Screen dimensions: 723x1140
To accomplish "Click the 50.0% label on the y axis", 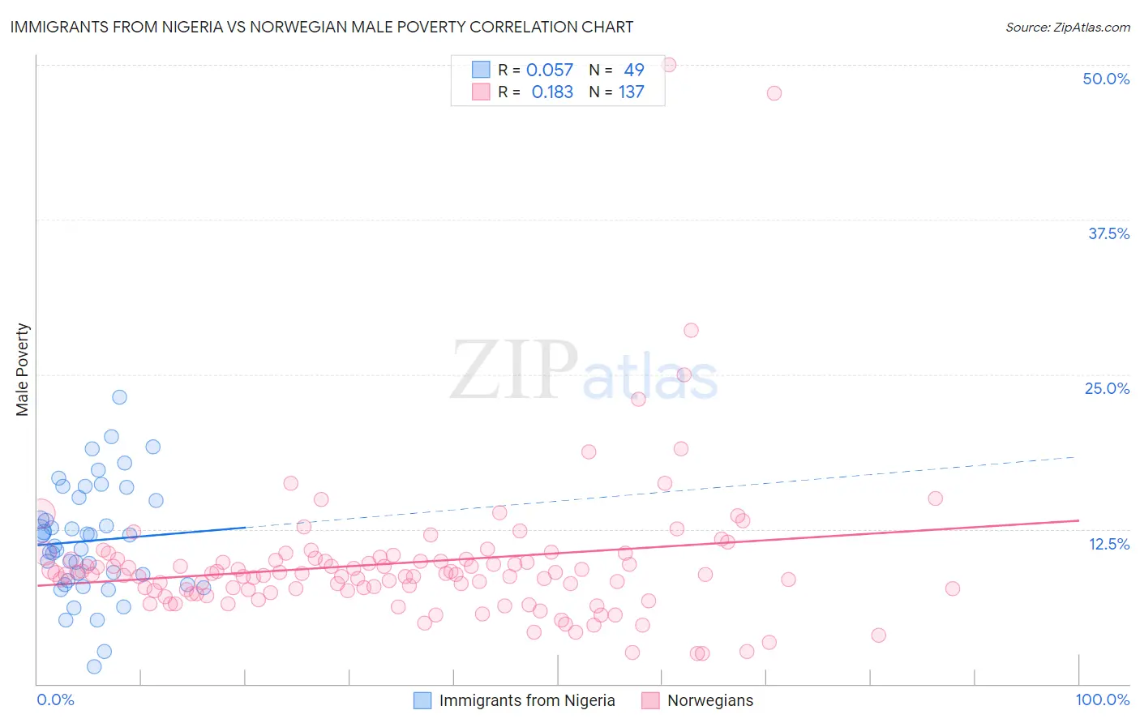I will (x=1106, y=79).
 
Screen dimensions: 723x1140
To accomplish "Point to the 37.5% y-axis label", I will (x=1108, y=233).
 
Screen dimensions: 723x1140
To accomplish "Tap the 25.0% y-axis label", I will (x=1107, y=388).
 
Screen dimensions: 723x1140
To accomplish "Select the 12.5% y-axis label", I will (x=1108, y=544).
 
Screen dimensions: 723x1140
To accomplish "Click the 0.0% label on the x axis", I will (x=55, y=699).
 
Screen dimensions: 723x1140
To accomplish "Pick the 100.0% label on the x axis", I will (x=1102, y=699).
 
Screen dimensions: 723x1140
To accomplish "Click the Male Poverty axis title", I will (x=23, y=370).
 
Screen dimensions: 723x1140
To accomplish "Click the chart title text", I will (x=322, y=27).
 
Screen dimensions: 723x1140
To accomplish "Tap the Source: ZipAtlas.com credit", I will (x=1067, y=27).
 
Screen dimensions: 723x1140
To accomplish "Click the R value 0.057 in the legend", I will (x=549, y=71).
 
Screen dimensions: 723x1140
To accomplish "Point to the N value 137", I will (x=631, y=92).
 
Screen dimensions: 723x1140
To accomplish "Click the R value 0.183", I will (x=552, y=92).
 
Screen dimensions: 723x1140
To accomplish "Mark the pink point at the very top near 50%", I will (x=669, y=65).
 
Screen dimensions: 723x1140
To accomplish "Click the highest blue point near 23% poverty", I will (x=119, y=397).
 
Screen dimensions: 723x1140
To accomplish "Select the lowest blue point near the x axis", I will (x=94, y=666).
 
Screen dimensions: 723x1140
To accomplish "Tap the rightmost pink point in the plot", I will (x=953, y=588).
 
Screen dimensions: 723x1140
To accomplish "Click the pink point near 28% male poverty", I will (x=691, y=330).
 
